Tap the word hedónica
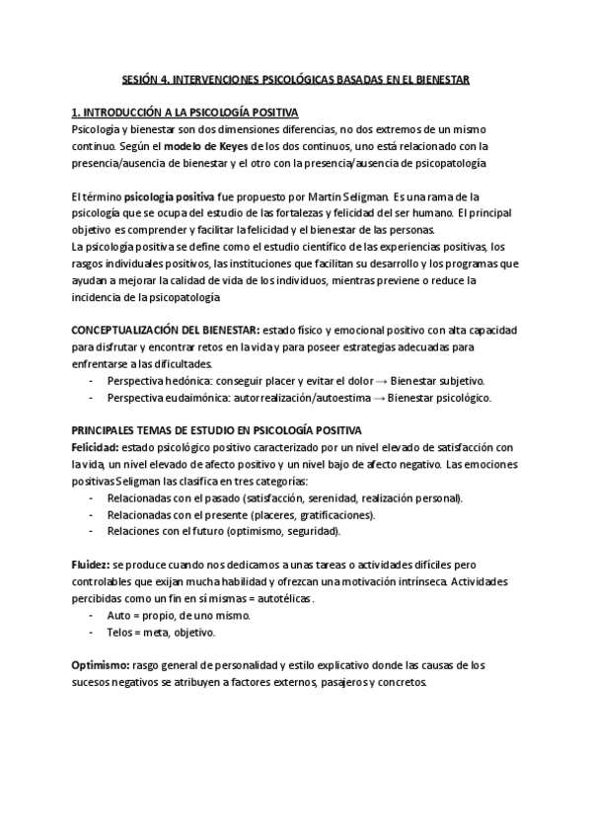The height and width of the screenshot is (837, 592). [x=193, y=381]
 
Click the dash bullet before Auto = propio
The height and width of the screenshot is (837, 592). [x=91, y=616]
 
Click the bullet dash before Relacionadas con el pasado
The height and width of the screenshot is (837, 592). [x=91, y=498]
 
